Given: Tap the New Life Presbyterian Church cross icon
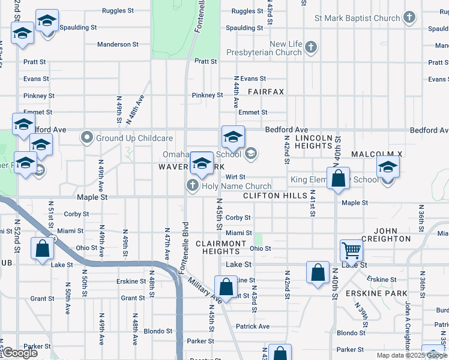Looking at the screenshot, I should [310, 47].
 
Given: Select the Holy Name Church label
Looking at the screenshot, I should [237, 186].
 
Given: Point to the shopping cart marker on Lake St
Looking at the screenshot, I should [351, 250].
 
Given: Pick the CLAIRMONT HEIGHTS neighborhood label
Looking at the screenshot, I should [221, 247].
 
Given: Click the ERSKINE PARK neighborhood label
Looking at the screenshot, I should [376, 293].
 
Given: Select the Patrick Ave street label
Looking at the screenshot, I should [253, 326].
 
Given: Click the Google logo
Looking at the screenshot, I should [20, 353].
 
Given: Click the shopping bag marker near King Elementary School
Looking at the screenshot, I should [339, 179].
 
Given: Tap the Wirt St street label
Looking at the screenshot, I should [235, 177].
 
